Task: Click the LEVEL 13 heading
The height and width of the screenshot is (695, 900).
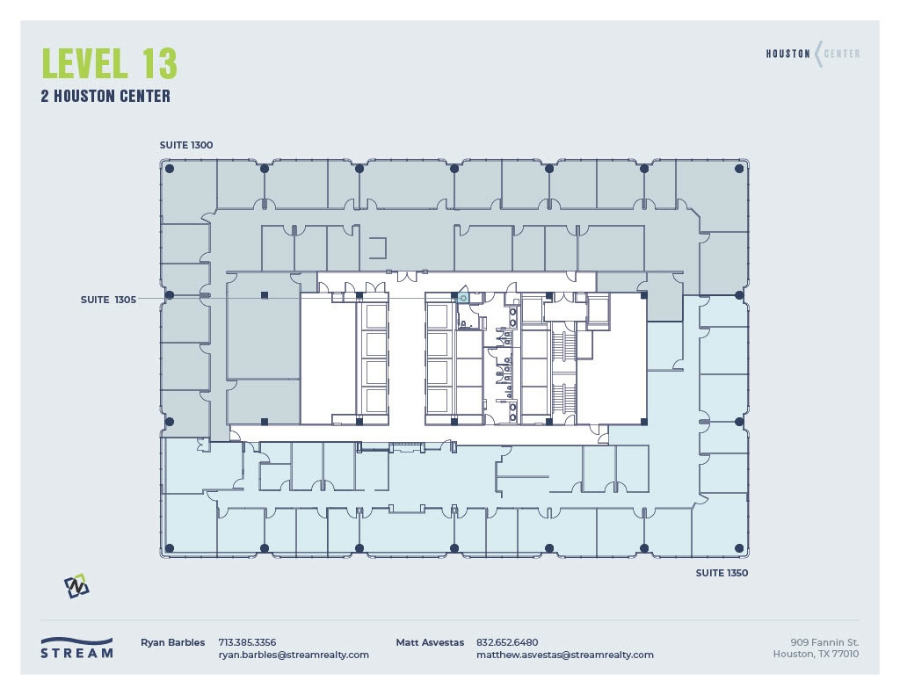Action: [109, 64]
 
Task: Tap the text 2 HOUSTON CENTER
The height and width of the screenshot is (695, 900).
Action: [105, 97]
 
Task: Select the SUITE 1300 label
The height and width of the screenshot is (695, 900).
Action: [186, 144]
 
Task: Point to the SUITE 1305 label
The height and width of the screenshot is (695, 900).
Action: [108, 300]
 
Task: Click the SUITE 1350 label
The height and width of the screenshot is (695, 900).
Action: [722, 573]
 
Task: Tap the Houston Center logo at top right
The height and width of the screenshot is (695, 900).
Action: [813, 54]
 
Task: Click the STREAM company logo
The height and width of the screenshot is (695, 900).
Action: [76, 648]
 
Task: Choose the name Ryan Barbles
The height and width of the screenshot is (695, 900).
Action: [173, 642]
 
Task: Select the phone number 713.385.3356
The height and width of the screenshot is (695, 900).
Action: [247, 642]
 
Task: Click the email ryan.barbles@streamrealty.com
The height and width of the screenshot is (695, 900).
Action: [294, 655]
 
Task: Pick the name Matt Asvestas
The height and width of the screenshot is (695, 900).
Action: [430, 642]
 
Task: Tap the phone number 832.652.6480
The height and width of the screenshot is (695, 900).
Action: [507, 642]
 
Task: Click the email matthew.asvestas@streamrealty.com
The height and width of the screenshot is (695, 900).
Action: [564, 655]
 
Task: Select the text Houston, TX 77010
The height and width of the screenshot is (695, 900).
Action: [816, 654]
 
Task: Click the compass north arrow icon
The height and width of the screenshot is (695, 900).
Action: [76, 586]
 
